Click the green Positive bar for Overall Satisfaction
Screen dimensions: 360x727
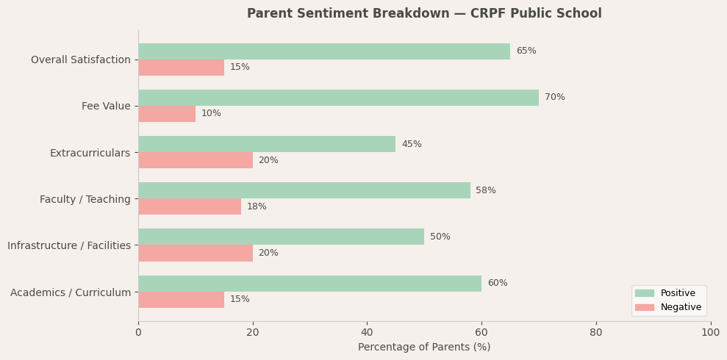click(x=323, y=51)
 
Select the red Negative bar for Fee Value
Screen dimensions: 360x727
click(x=167, y=114)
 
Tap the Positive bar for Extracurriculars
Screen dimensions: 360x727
click(x=267, y=144)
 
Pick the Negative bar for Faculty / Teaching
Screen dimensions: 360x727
click(x=190, y=206)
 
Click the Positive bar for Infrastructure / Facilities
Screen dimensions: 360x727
click(x=281, y=237)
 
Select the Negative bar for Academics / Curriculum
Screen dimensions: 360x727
click(x=181, y=300)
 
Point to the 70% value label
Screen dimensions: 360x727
click(x=555, y=98)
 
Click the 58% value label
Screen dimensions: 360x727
click(x=486, y=191)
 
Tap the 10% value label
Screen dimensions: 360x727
click(x=211, y=114)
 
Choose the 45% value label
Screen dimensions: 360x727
click(x=412, y=145)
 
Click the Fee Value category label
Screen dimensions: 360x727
click(x=106, y=107)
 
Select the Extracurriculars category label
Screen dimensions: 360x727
click(x=90, y=153)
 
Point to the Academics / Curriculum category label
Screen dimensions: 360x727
click(x=71, y=292)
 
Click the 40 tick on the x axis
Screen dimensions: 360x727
click(x=367, y=333)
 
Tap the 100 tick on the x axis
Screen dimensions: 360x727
click(x=710, y=333)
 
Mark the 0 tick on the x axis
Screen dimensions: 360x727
click(x=138, y=333)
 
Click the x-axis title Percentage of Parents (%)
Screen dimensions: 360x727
click(x=424, y=348)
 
